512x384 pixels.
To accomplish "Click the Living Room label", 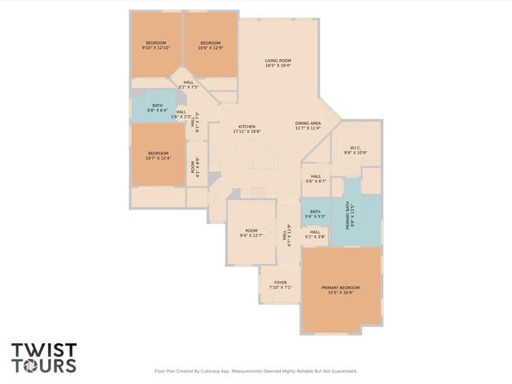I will [278, 63].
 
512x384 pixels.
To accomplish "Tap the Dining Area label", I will [307, 125].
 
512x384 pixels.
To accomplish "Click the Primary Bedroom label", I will [341, 290].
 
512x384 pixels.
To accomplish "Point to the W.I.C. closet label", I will [354, 150].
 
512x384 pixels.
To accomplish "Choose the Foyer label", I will [280, 285].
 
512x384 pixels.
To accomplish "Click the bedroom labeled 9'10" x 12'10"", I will [156, 45].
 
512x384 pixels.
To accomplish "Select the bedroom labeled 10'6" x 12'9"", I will [210, 45].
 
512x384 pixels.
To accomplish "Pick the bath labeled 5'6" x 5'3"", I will [315, 214].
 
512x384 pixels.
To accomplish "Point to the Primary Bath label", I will [350, 215].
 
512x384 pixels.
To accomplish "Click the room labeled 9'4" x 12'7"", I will [251, 233].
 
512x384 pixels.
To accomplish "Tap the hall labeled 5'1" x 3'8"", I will [315, 234].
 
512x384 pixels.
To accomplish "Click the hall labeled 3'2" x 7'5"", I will [188, 84].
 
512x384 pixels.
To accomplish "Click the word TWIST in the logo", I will [44, 350].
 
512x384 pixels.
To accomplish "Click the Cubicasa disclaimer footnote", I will [255, 371].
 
